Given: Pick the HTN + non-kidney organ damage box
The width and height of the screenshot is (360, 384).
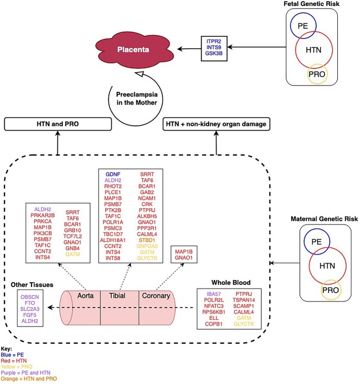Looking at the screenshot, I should tap(216, 124).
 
